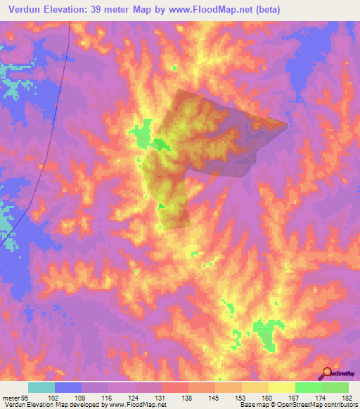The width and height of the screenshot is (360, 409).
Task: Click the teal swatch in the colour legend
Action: (x=41, y=387)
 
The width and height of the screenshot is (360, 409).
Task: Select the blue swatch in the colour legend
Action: (x=67, y=387)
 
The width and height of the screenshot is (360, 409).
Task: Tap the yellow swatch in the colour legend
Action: (x=281, y=387)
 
